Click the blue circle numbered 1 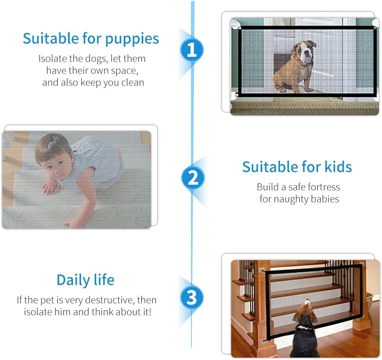coord(192,50)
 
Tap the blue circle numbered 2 coord(193,178)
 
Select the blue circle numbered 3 coord(192,297)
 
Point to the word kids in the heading coord(337,167)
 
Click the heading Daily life coord(85,280)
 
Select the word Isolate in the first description coord(51,58)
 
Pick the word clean coord(133,82)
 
